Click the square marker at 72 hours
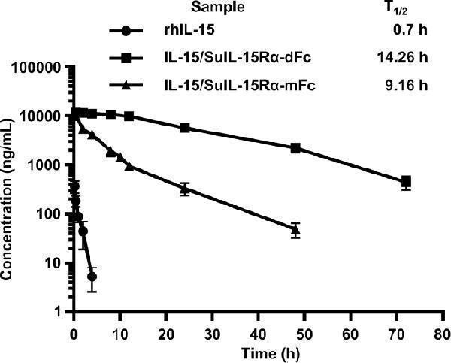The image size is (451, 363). tap(406, 181)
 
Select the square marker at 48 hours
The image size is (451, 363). tap(295, 148)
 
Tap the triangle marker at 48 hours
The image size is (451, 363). tap(295, 231)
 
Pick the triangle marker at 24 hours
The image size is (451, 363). tap(184, 188)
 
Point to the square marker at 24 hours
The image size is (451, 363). tap(184, 128)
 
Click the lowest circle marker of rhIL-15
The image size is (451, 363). tap(92, 277)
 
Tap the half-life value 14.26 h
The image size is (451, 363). tap(402, 57)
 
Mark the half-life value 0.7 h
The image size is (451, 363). tap(412, 32)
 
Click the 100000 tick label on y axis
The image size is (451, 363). tap(35, 68)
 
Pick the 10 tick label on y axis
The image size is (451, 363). tap(55, 263)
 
